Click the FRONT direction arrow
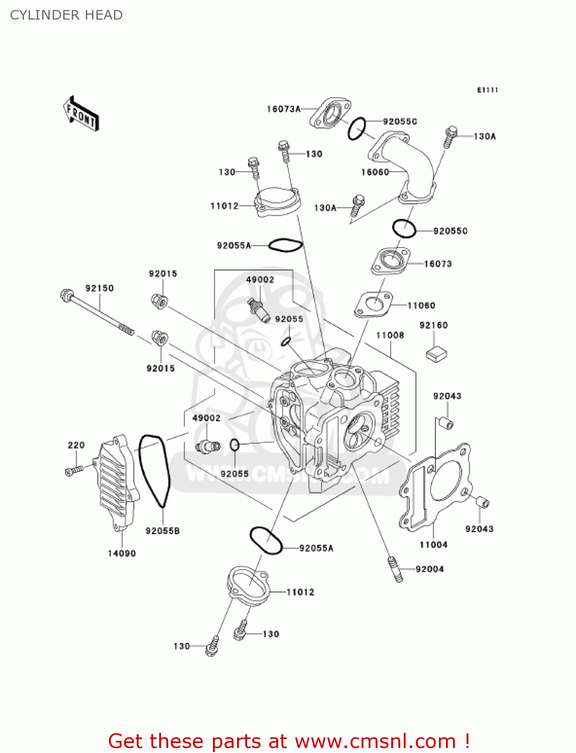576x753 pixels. coord(81,114)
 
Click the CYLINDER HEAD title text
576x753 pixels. coord(66,15)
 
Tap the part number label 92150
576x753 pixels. coord(99,288)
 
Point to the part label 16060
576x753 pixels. coord(375,172)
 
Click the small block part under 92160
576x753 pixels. coord(436,353)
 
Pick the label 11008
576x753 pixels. coord(390,335)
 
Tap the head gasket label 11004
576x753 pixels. coord(433,545)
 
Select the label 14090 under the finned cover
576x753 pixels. coord(122,553)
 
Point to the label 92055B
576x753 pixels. coord(163,531)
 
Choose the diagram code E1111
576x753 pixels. coord(487,90)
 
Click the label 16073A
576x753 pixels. coord(284,109)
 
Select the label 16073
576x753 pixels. coord(438,264)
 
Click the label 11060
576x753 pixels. coord(421,305)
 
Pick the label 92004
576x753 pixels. coord(430,569)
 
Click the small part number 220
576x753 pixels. coord(76,445)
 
